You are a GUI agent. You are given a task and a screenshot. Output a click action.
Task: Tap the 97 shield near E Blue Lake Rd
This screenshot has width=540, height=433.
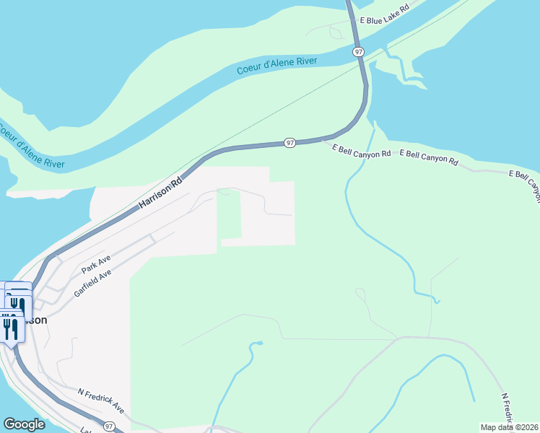pyautogui.click(x=359, y=52)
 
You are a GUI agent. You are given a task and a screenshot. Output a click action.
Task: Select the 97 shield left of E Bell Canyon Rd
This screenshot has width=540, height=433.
pyautogui.click(x=289, y=143)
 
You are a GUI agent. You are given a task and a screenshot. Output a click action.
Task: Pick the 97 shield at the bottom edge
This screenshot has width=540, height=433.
pyautogui.click(x=110, y=427)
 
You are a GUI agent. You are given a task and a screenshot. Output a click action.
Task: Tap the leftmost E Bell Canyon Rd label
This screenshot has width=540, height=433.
pyautogui.click(x=361, y=151)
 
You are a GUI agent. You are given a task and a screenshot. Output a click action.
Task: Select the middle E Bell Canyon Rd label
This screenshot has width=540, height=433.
pyautogui.click(x=429, y=157)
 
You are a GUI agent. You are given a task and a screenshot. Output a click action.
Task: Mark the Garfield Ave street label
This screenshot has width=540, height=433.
pyautogui.click(x=93, y=283)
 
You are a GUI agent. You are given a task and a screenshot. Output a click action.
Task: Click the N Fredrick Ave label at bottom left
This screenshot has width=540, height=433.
pyautogui.click(x=101, y=401)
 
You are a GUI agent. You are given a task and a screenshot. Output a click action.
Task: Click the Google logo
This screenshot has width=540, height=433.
pyautogui.click(x=24, y=424)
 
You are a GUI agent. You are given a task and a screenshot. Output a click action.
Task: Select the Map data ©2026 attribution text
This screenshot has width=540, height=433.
pyautogui.click(x=509, y=427)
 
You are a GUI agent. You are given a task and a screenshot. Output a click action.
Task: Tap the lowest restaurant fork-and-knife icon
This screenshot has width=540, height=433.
pyautogui.click(x=10, y=329)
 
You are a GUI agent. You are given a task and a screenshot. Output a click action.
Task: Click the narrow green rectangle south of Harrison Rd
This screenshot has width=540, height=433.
pyautogui.click(x=229, y=214)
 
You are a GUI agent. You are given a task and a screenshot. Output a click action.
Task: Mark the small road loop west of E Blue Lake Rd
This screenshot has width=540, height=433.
pyautogui.click(x=336, y=32)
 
